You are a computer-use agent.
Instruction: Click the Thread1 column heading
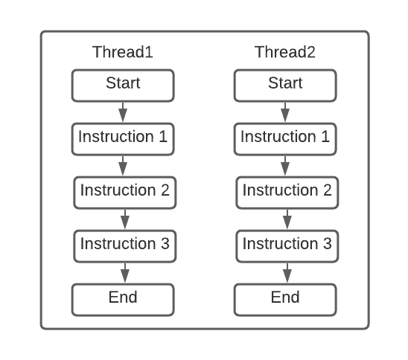[123, 53]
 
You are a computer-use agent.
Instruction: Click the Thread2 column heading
[285, 53]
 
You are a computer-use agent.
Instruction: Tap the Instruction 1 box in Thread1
[123, 138]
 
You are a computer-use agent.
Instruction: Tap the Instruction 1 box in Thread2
[285, 138]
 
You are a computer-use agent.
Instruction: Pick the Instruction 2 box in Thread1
[124, 192]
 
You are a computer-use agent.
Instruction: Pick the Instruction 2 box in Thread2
[287, 192]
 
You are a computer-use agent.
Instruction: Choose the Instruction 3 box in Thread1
[124, 245]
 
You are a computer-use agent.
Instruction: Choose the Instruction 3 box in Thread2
[287, 245]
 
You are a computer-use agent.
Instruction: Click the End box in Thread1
[123, 299]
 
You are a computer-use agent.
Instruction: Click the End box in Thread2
[285, 299]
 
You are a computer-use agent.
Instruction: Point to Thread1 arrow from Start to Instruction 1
[123, 112]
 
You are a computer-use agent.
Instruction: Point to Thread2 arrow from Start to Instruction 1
[285, 112]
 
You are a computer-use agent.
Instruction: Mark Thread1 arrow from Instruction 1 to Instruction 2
[124, 165]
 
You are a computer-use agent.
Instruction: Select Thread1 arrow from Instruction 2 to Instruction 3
[124, 219]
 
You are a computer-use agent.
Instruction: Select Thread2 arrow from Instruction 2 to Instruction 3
[287, 219]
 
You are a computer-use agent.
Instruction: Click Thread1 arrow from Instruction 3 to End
[124, 272]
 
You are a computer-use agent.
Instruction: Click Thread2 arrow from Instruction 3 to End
[287, 272]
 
